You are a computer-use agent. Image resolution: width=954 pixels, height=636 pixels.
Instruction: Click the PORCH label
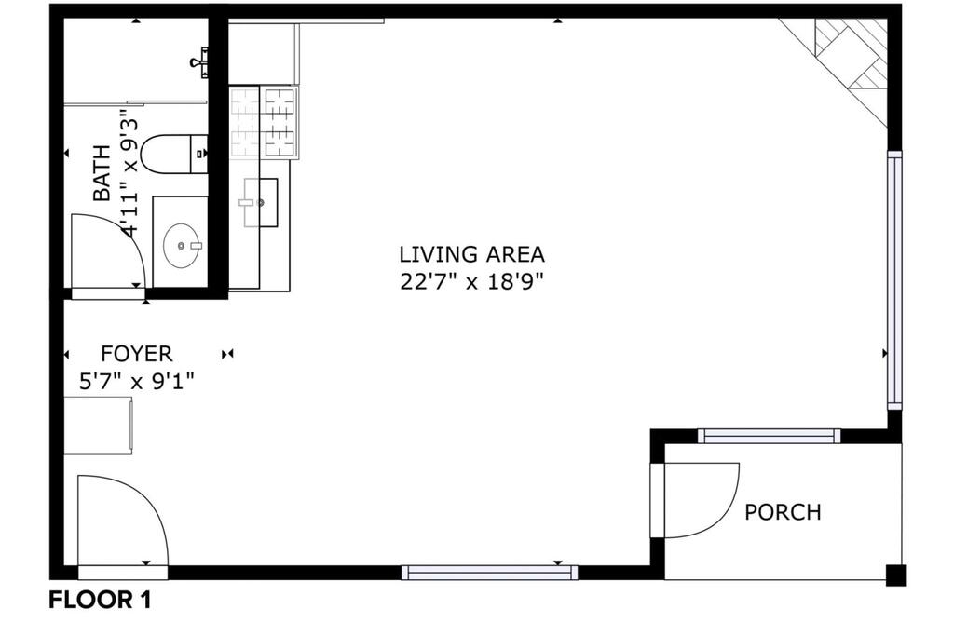783,512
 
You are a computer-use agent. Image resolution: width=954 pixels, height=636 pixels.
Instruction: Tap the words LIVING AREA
471,253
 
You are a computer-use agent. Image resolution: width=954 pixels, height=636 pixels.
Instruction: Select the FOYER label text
136,353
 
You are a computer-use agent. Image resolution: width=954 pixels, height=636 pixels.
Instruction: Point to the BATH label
102,173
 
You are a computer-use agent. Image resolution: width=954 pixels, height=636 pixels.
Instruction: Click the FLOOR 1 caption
100,600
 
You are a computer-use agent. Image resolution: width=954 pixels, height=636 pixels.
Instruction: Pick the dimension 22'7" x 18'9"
470,281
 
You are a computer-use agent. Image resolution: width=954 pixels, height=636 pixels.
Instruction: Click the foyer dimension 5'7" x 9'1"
137,381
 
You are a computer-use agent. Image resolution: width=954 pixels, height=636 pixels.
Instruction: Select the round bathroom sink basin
182,245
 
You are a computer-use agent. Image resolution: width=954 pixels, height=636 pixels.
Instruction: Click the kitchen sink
261,202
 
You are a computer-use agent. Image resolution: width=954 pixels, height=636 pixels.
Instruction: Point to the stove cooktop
264,122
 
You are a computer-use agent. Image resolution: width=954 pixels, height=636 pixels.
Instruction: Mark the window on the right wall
894,280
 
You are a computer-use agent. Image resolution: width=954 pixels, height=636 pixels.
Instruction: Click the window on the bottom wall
489,572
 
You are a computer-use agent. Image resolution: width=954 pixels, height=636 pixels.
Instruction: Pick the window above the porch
769,436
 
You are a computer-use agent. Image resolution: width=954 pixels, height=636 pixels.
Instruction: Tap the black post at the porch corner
896,575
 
